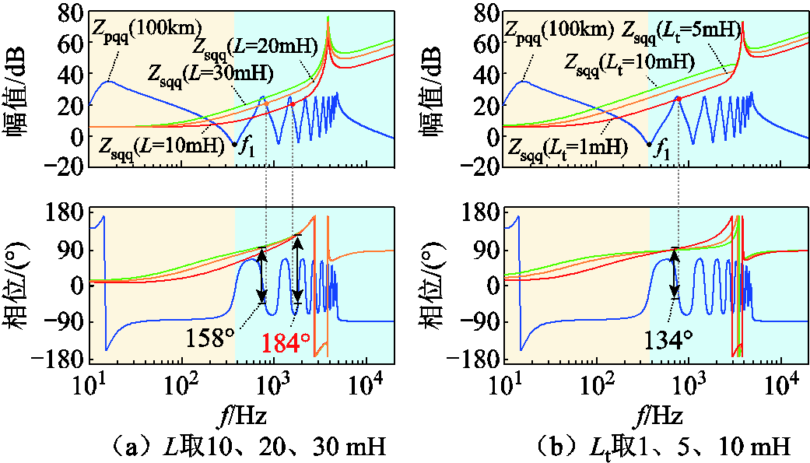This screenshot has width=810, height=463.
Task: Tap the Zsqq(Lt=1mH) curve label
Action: (x=568, y=146)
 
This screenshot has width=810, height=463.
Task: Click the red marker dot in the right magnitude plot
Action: (x=679, y=99)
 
